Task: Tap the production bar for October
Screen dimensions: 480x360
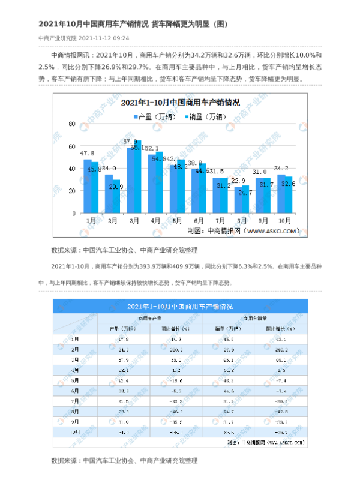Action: [x=280, y=195]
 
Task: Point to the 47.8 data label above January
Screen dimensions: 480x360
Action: [x=87, y=154]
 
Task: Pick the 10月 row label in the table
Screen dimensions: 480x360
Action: [x=74, y=431]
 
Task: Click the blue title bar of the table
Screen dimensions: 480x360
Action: [x=180, y=306]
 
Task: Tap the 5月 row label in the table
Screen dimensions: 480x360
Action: [x=74, y=380]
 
